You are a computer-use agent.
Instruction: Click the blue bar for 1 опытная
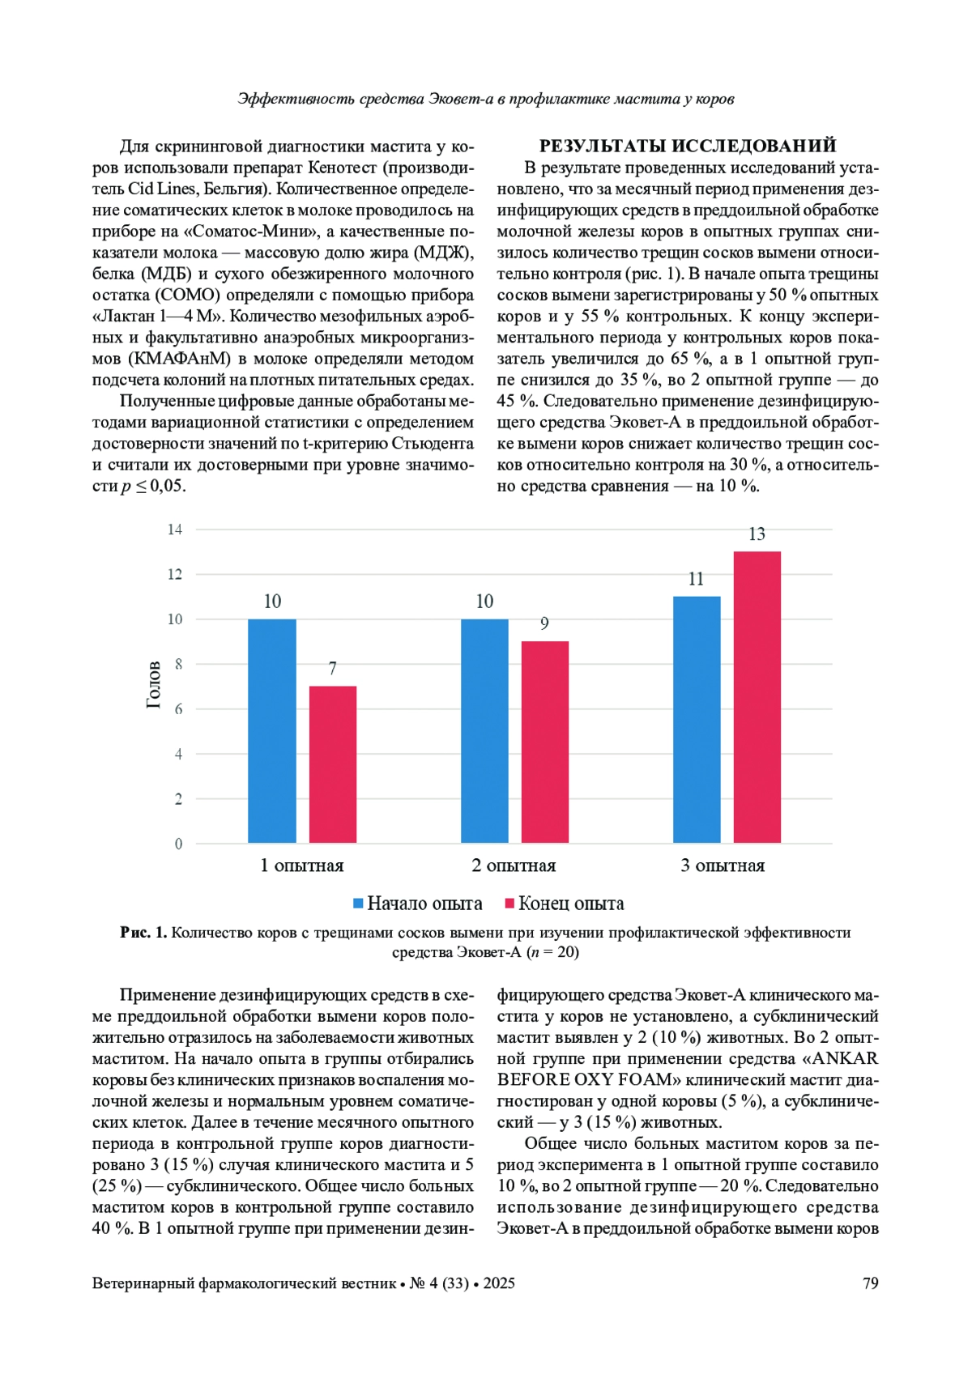tap(272, 731)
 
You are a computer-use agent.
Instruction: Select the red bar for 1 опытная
tap(333, 764)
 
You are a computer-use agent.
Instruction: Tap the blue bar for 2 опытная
tap(484, 731)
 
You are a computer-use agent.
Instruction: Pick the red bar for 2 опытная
tap(545, 742)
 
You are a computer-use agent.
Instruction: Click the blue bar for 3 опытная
tap(697, 720)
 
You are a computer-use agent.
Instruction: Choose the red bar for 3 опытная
tap(757, 697)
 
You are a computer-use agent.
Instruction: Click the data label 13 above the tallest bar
tap(757, 534)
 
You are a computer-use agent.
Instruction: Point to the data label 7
tap(332, 669)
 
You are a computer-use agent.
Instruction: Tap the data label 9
tap(544, 623)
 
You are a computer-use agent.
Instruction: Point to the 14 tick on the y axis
tap(175, 530)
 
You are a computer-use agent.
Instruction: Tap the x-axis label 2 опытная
tap(514, 866)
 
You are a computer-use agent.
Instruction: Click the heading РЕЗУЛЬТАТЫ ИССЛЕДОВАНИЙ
tap(687, 147)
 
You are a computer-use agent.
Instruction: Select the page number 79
tap(871, 1283)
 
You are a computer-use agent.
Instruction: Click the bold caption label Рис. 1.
tap(143, 933)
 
